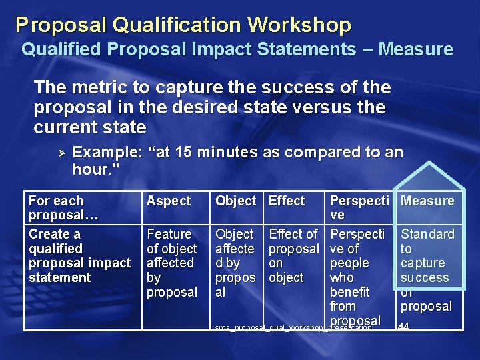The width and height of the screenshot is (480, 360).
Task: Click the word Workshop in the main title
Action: coord(299,25)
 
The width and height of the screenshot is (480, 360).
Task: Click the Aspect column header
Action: coord(169,201)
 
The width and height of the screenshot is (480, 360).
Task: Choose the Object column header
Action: coord(235,201)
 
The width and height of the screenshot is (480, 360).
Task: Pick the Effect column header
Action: coord(287,201)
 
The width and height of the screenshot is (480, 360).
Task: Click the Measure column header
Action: coord(427,201)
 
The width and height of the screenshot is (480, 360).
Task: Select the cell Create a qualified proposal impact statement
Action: coord(79,255)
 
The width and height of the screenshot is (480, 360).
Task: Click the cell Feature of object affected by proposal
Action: coord(171,263)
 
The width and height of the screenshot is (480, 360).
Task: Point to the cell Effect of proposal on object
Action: coord(293,255)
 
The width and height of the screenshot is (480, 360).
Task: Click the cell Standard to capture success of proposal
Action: coord(427,270)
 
